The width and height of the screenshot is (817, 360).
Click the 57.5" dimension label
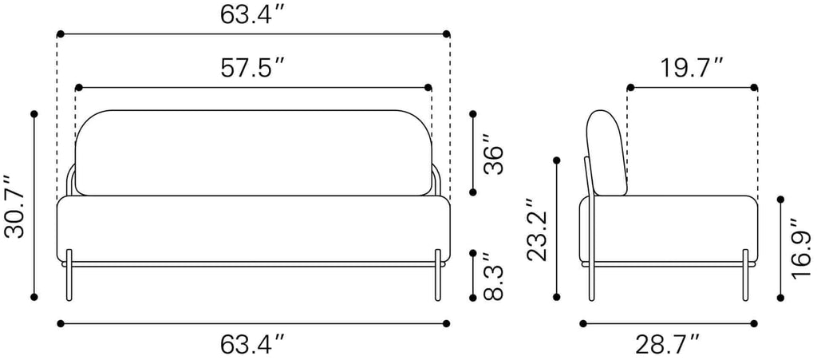click(252, 69)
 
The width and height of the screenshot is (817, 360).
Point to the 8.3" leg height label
click(492, 276)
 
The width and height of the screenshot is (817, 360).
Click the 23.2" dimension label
click(537, 229)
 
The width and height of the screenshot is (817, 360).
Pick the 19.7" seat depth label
click(693, 69)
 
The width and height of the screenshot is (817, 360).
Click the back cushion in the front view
click(254, 152)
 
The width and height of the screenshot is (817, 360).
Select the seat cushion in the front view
click(253, 229)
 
